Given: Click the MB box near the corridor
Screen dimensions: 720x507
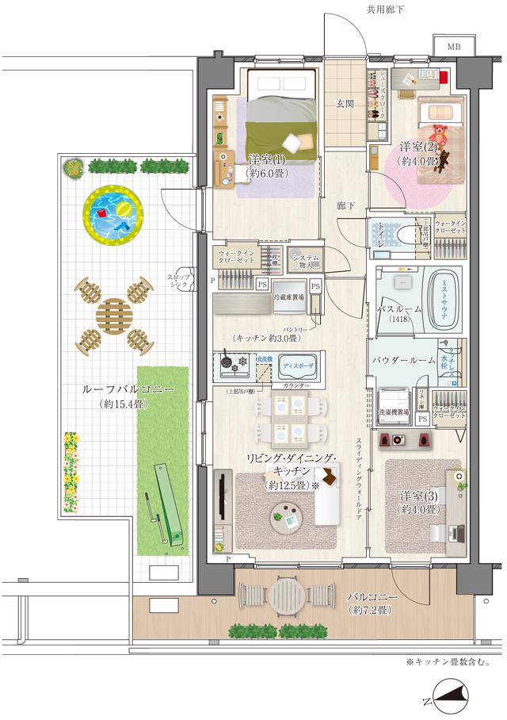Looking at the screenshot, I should (x=452, y=47).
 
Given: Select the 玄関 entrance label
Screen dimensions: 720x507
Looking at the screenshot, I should (x=345, y=103).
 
